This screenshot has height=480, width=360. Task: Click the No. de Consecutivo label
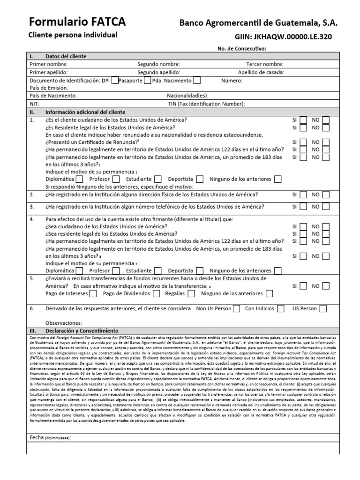point(241,48)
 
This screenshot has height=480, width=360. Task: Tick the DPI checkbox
point(115,80)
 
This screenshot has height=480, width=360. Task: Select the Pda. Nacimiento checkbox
point(197,80)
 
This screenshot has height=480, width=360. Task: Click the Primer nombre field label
point(49,64)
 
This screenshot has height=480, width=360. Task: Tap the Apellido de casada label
point(261,72)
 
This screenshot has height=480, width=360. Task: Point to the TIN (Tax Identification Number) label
point(206,104)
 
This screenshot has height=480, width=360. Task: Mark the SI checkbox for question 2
point(303,195)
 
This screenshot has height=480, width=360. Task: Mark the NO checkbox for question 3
point(326,207)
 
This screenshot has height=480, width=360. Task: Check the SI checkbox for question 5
point(303,286)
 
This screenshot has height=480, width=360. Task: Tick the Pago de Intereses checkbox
point(93,294)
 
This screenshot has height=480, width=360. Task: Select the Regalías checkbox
point(190,294)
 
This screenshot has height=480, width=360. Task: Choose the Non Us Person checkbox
point(236,308)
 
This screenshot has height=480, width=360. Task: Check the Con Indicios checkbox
point(281,308)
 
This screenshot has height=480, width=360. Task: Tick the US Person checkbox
point(323,308)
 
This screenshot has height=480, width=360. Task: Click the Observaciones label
point(63,323)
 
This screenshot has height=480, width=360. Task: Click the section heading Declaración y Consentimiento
point(82,330)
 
